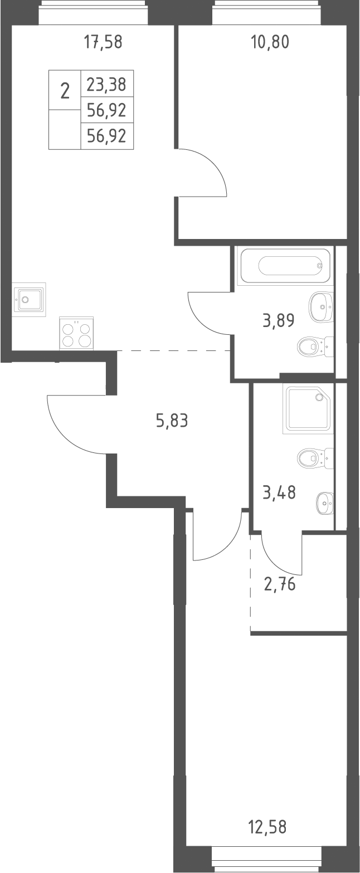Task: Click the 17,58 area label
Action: (103, 42)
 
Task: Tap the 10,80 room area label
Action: (270, 42)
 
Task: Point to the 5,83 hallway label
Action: (172, 421)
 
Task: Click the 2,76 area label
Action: (280, 584)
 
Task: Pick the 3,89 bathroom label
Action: (279, 321)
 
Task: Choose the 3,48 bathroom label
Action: (279, 492)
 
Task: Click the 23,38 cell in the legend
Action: (106, 84)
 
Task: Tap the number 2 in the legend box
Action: (65, 91)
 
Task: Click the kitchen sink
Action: (29, 299)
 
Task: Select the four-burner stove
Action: (76, 333)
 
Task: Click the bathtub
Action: (286, 266)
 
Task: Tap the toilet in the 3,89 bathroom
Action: (315, 346)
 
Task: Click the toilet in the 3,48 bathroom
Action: (315, 457)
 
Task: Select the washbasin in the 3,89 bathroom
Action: (322, 307)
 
